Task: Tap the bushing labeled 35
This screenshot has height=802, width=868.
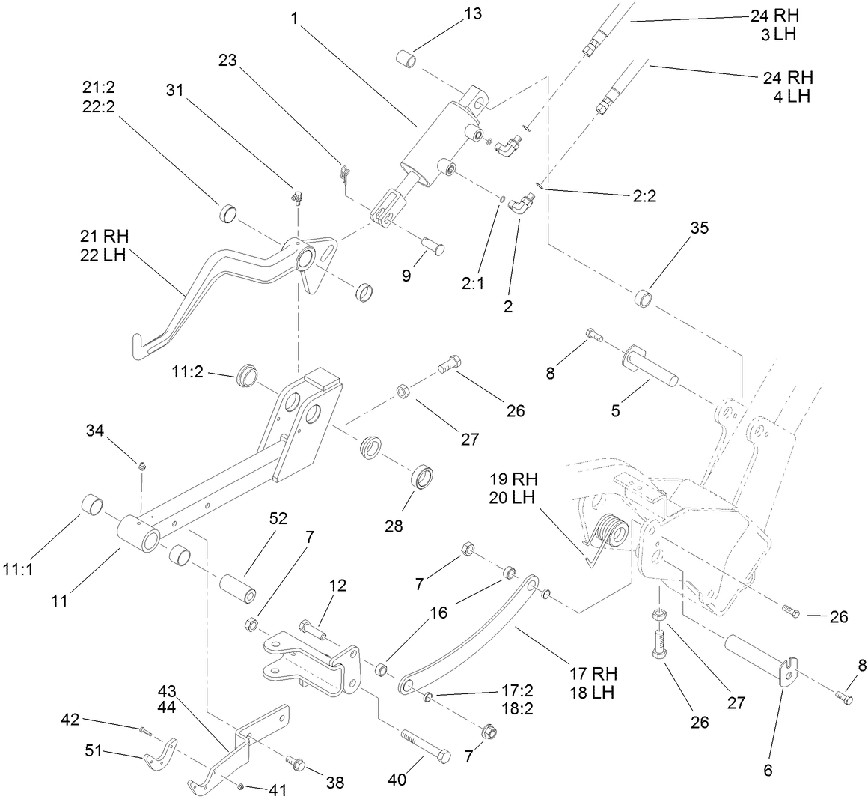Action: pos(646,298)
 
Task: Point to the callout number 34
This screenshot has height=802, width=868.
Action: pos(95,431)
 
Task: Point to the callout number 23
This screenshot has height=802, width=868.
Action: pos(227,61)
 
